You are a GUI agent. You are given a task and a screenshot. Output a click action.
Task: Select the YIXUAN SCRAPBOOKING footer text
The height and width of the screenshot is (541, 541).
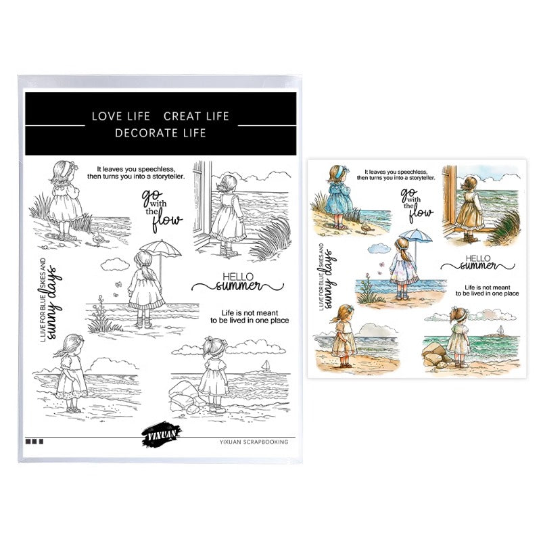coord(254,442)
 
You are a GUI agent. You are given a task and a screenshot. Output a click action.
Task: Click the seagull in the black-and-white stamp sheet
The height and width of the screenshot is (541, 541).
coord(98,238)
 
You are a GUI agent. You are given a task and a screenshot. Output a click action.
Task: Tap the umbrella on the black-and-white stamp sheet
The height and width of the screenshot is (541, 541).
coord(160,249)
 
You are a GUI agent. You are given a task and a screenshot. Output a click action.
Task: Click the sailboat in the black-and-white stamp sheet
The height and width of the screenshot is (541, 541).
coord(266,366)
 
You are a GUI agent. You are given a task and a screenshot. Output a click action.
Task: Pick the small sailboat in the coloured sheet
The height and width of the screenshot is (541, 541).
coord(500,330)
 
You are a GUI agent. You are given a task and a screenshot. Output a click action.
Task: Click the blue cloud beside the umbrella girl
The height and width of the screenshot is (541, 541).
coord(379,248)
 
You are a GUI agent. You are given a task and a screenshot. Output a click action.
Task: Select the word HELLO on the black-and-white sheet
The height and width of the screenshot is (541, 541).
coord(238,277)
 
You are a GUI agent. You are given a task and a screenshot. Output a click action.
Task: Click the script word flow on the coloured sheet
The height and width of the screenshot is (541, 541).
coord(421,213)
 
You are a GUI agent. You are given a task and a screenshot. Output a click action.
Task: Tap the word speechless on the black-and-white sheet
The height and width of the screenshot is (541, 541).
coord(156,169)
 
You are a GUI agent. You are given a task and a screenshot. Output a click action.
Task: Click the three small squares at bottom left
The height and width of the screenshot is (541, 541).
coord(34,442)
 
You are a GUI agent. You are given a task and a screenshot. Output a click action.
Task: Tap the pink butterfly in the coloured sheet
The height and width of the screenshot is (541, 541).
coord(381,265)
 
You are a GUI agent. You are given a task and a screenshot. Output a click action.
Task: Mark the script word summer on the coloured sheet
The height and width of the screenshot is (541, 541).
coord(478,266)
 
